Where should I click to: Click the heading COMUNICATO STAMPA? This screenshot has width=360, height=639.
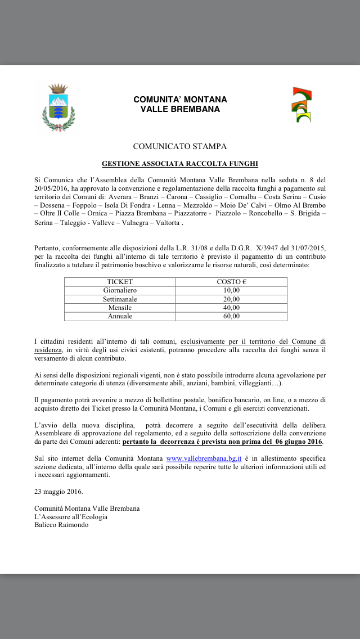coord(180,147)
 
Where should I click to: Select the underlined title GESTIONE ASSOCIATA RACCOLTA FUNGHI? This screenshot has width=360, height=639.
coord(180,164)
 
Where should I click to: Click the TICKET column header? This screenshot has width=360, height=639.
coord(120,282)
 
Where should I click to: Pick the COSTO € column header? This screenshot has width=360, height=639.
coord(232,282)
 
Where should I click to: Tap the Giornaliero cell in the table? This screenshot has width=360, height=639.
coord(120,290)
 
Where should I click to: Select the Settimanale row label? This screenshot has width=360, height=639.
coord(120,299)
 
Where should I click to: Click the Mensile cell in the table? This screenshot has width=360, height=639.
coord(120,308)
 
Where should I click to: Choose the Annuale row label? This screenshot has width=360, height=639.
coord(120,316)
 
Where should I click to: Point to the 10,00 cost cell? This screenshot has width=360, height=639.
coord(232,290)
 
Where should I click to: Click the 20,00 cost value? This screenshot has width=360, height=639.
coord(232,299)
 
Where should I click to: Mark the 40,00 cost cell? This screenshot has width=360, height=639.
coord(232,308)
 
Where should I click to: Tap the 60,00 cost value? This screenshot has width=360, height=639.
coord(232,316)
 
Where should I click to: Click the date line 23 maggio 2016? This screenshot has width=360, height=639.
coord(58,492)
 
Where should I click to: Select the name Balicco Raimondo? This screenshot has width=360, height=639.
coord(61,525)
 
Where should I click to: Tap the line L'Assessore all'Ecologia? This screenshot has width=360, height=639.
coord(71,516)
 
